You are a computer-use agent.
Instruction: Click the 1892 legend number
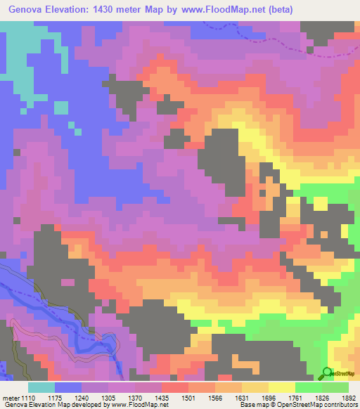347,397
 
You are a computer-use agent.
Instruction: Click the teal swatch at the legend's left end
41,387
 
